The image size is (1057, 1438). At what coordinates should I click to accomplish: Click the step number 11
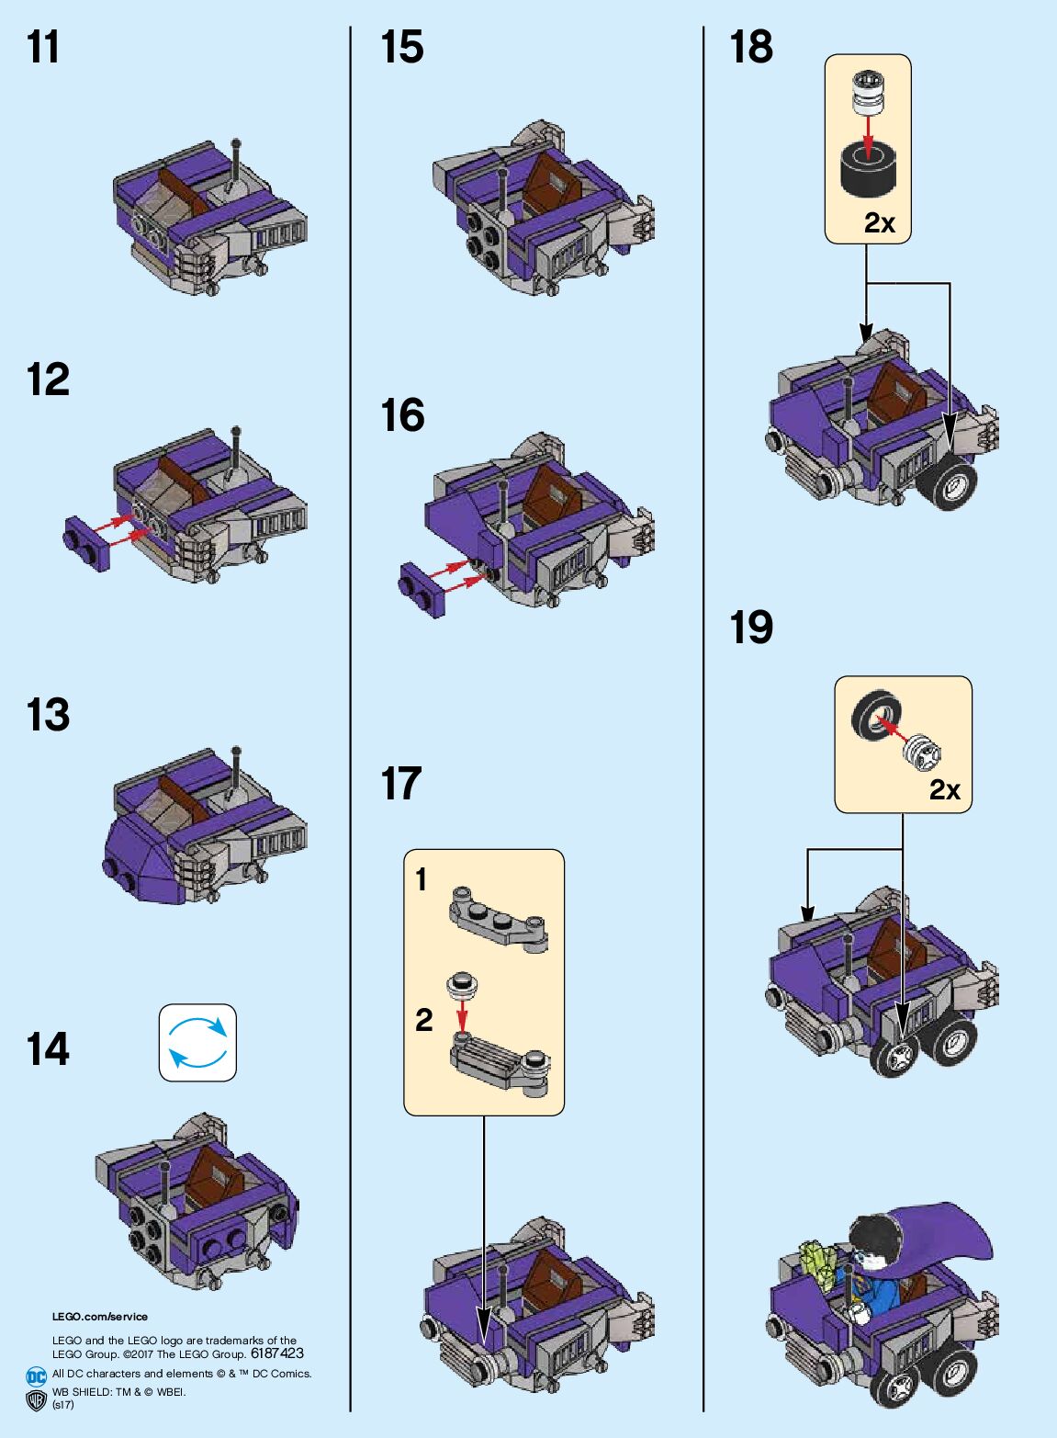pyautogui.click(x=43, y=48)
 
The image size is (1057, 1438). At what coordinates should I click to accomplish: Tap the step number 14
pyautogui.click(x=48, y=1049)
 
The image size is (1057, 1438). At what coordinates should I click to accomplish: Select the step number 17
pyautogui.click(x=401, y=785)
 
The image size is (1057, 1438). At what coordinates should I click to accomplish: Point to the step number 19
pyautogui.click(x=751, y=628)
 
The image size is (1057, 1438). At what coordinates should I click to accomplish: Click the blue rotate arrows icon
pyautogui.click(x=197, y=1042)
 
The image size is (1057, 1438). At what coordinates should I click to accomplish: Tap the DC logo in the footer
pyautogui.click(x=37, y=1376)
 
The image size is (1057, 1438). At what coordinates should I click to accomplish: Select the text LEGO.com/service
pyautogui.click(x=99, y=1317)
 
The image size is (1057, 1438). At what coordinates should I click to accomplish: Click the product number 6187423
pyautogui.click(x=276, y=1353)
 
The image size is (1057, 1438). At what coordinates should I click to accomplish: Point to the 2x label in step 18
pyautogui.click(x=880, y=223)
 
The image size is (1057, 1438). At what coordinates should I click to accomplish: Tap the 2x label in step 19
pyautogui.click(x=944, y=790)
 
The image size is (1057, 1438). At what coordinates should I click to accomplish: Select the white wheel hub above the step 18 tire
pyautogui.click(x=868, y=93)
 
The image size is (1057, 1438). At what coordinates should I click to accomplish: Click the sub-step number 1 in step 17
pyautogui.click(x=422, y=880)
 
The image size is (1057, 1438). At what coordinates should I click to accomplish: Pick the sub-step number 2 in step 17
pyautogui.click(x=423, y=1020)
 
